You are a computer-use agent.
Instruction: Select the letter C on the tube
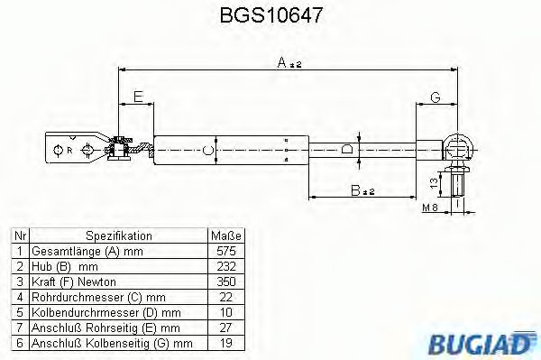tap(208, 151)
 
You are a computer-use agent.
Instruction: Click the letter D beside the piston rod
tap(345, 150)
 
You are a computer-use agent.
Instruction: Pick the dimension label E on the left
tap(137, 97)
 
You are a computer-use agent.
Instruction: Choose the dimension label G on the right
tap(436, 97)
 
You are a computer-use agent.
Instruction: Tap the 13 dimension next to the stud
tap(434, 183)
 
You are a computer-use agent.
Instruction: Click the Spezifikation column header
tap(116, 235)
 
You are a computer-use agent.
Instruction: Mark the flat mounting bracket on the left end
tap(77, 149)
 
